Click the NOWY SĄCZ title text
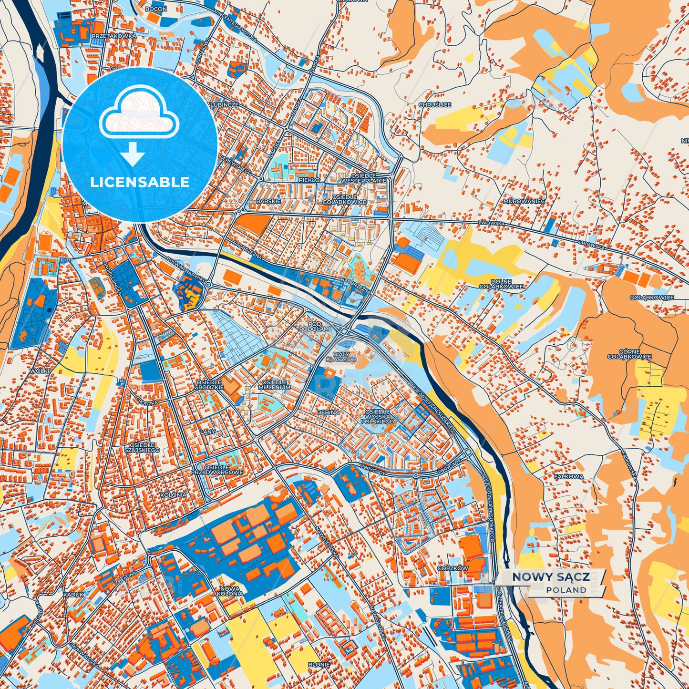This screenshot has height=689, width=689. coord(550,577)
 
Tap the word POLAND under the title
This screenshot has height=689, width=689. coord(566,590)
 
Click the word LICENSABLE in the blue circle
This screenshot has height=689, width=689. coord(140,182)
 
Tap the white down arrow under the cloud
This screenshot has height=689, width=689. coord(133,154)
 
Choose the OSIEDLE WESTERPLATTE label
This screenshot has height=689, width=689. coord(364,178)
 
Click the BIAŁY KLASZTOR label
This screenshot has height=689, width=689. coord(341,356)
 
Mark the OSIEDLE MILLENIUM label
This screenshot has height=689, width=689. coord(276,385)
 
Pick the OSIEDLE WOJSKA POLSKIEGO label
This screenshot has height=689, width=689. coord(377,416)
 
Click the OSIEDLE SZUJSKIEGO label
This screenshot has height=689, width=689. coord(142,447)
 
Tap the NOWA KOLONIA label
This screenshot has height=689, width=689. coord(230,591)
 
